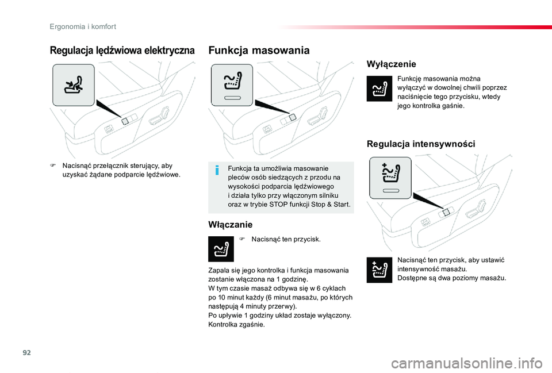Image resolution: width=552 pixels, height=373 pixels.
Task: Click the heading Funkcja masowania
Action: pos(260,51)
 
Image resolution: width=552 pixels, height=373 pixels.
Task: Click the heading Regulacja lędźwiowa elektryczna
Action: pos(122,51)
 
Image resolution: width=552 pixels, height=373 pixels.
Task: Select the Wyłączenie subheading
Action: pos(391,64)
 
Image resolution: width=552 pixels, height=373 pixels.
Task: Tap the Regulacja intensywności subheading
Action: pos(421,144)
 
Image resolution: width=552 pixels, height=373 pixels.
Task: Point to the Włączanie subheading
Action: pos(230,224)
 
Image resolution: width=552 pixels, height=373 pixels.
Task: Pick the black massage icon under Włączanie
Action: pos(220,249)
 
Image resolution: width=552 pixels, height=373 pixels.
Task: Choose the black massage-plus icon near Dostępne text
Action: pos(379,270)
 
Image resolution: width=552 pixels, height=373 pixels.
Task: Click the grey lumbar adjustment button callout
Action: pos(73,86)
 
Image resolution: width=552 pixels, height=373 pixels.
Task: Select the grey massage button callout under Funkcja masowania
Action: pos(232,85)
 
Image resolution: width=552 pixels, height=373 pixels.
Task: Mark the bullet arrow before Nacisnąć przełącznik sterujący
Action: pos(52,166)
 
